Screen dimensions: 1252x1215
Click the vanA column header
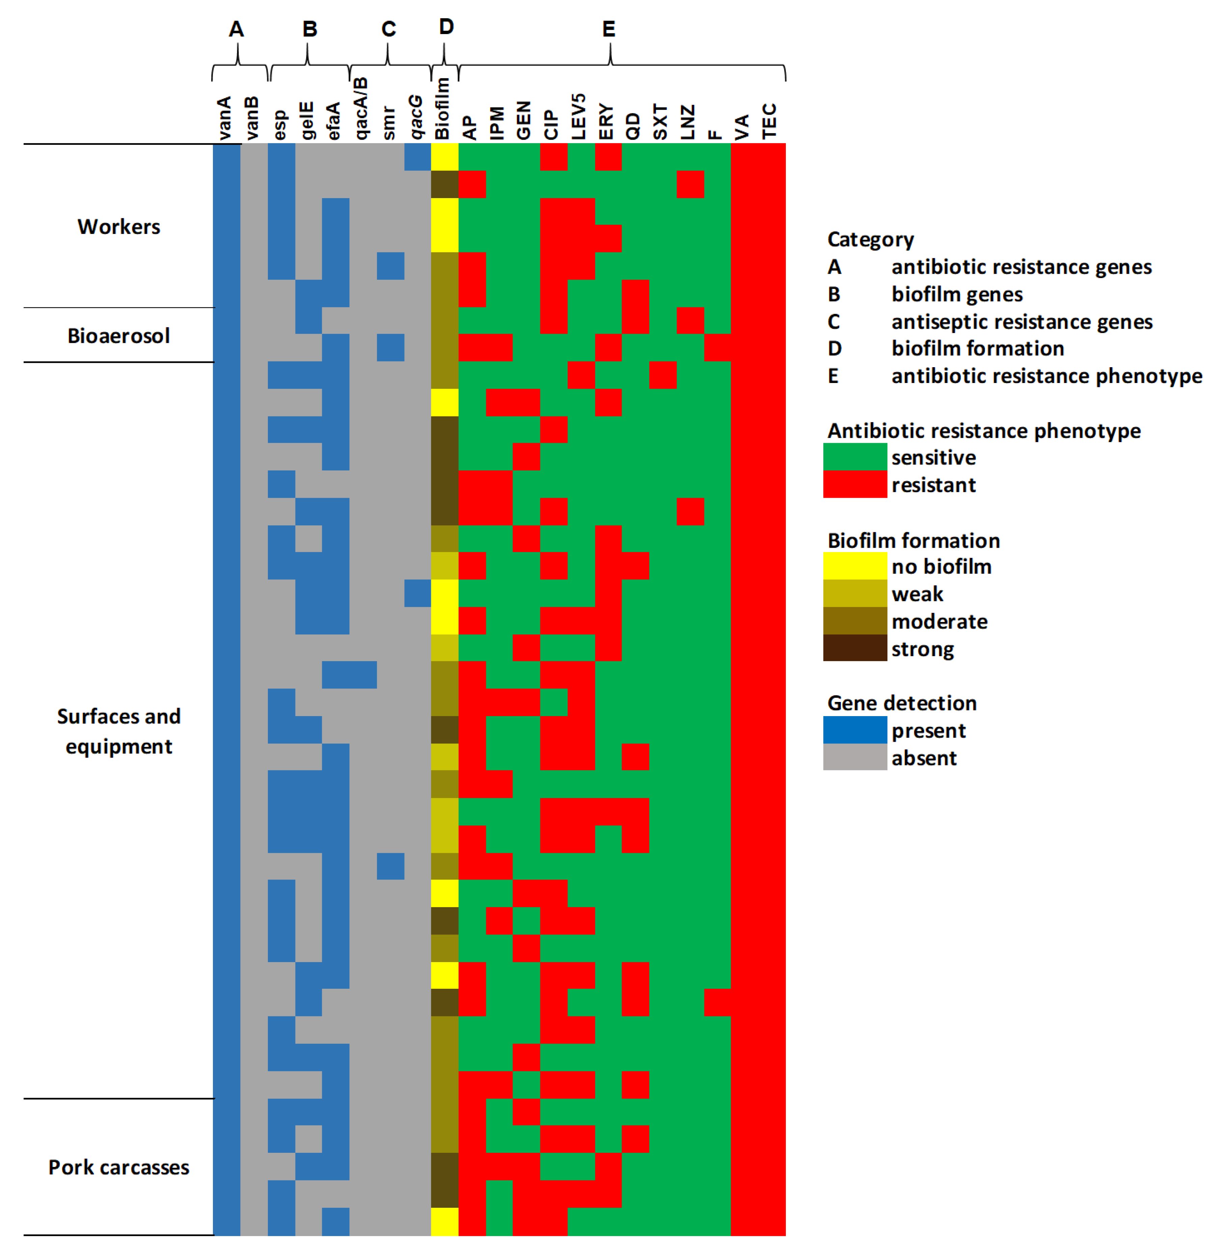[x=225, y=118]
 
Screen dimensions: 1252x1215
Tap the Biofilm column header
[x=443, y=109]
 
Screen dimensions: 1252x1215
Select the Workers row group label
[x=119, y=227]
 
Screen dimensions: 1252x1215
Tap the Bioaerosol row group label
[x=119, y=336]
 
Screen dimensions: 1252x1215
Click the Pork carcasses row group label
[x=119, y=1167]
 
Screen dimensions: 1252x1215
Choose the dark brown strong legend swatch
[x=855, y=648]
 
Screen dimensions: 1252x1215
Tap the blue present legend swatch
[x=855, y=730]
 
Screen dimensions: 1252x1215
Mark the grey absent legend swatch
[x=855, y=758]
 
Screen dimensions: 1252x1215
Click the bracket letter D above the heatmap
[x=446, y=27]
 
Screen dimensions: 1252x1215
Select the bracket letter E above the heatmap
[x=609, y=29]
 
